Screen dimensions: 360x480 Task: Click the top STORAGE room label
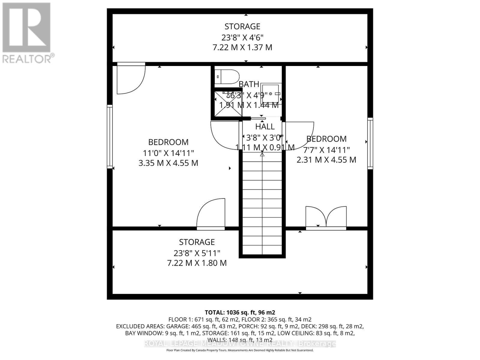tap(242, 26)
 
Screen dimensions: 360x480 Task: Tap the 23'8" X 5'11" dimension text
tap(197, 253)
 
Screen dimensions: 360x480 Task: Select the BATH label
tap(249, 84)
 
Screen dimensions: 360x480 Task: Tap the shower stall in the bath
tap(228, 104)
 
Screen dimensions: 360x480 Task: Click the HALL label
tap(265, 127)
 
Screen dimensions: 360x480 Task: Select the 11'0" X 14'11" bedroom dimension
tap(168, 153)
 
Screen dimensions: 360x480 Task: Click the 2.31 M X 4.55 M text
tap(326, 160)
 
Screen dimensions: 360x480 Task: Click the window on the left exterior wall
tap(110, 136)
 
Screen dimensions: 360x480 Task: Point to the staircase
tap(262, 204)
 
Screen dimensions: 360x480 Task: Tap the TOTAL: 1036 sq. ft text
tap(240, 312)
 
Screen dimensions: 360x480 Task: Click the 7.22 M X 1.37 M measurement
tap(242, 48)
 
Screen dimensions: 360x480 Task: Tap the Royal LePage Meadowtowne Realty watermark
tap(240, 343)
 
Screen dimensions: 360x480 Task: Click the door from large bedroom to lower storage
tap(211, 214)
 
